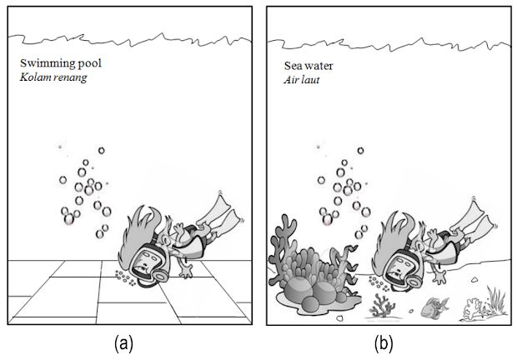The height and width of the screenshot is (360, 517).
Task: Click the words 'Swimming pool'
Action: (x=53, y=63)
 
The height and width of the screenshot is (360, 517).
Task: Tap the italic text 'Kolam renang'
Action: (x=54, y=77)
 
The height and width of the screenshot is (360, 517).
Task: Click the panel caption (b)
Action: (x=383, y=342)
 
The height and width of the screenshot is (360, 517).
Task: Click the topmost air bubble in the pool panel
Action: (x=102, y=151)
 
